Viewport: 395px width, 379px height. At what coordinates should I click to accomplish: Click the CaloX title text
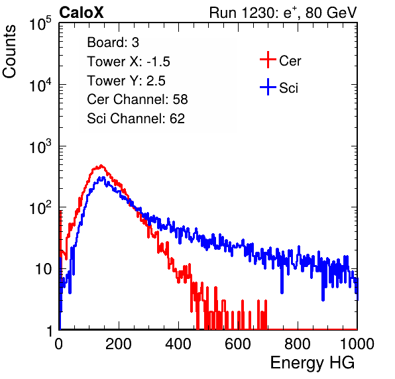point(82,13)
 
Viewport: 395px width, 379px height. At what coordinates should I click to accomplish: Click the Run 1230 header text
point(283,13)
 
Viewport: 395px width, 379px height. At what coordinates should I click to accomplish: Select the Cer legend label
point(290,61)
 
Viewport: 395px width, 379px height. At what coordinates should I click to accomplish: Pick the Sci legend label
point(288,88)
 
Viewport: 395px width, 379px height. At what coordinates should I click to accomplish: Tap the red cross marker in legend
point(268,60)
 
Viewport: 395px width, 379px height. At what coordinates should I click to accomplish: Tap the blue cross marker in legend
point(268,87)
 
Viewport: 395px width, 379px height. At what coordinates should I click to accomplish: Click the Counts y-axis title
point(9,52)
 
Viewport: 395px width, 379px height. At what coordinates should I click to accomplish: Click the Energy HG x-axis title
point(312,362)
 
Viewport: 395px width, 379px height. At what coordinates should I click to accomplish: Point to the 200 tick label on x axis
point(119,344)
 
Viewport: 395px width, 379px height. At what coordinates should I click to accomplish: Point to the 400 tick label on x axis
point(178,344)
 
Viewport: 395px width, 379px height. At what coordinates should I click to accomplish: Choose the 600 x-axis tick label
point(238,344)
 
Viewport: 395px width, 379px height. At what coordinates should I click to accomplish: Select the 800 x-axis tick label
point(298,344)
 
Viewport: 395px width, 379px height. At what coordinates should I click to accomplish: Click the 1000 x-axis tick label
point(357,344)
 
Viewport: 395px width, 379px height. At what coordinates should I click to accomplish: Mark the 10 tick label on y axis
point(44,270)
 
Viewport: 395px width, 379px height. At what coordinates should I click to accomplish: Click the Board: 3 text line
point(113,42)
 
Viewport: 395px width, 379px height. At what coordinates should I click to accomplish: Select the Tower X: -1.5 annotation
point(129,62)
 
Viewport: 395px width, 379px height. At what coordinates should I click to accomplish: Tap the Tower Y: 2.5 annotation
point(126,81)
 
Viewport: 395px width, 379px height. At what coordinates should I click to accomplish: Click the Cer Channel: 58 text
point(137,99)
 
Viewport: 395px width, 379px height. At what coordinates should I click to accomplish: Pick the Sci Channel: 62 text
point(136,119)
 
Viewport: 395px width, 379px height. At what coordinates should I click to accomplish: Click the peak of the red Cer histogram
point(101,166)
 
